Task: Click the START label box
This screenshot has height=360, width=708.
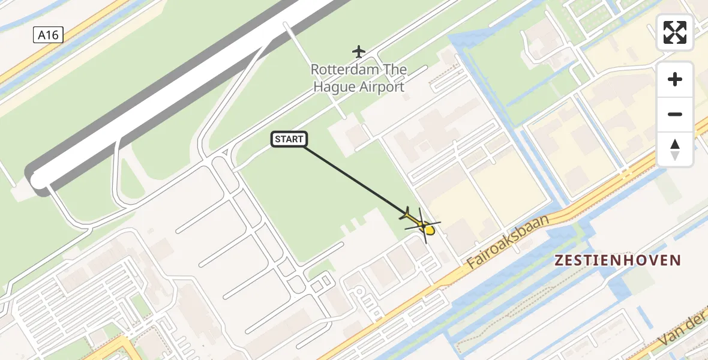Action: [289, 140]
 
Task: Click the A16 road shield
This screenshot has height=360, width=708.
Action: [48, 35]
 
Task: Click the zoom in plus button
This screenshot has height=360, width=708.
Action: [675, 79]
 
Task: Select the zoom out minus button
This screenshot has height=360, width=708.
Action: [675, 114]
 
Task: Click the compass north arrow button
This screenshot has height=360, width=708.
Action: [675, 149]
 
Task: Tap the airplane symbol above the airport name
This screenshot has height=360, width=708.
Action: [359, 51]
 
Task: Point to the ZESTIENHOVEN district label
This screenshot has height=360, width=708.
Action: [618, 260]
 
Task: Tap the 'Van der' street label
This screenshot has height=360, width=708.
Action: [684, 333]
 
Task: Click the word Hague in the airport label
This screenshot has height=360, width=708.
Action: [334, 87]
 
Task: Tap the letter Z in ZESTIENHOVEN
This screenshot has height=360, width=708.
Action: [560, 260]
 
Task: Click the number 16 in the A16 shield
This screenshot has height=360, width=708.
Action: [52, 35]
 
